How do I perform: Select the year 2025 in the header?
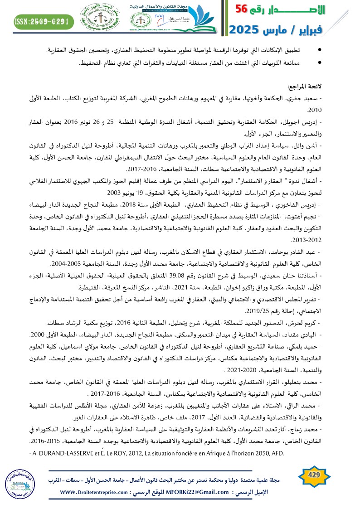pos(245,30)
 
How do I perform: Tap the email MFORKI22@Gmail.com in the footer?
pos(200,492)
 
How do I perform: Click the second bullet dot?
pos(321,63)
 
